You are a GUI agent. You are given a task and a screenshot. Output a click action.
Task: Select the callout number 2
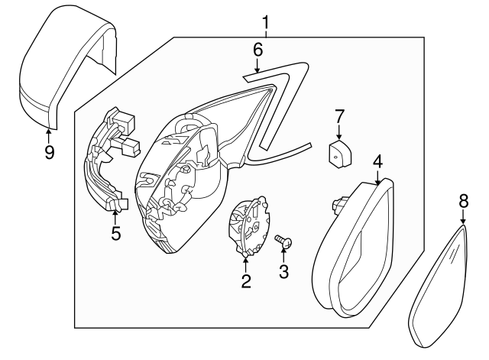[246, 281]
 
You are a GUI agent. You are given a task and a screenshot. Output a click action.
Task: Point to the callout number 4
[377, 161]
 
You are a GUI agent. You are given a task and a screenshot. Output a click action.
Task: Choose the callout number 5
[115, 233]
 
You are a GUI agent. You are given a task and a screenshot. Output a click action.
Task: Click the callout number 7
[339, 116]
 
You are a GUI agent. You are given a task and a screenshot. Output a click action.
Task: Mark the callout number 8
[463, 201]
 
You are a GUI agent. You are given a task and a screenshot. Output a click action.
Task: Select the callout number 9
[49, 152]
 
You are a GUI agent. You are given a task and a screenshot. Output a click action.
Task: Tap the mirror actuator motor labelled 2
[250, 225]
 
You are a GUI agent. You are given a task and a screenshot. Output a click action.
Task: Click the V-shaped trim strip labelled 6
[283, 99]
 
